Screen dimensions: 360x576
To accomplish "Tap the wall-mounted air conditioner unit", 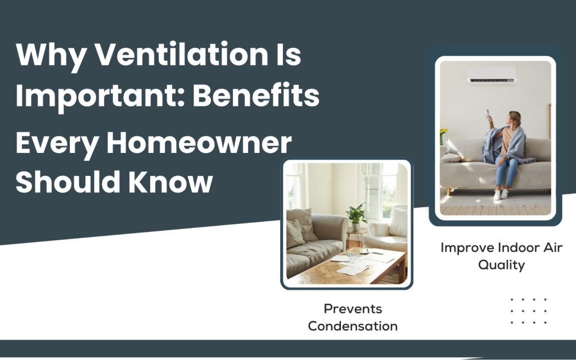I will pyautogui.click(x=492, y=75).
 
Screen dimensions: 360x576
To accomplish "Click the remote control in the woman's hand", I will pyautogui.click(x=487, y=119).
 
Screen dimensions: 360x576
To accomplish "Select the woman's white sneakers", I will pyautogui.click(x=500, y=194).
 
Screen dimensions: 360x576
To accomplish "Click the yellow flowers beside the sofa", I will pyautogui.click(x=443, y=133).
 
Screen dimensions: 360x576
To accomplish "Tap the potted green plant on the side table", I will pyautogui.click(x=355, y=215).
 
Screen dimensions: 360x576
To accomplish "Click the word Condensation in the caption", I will pyautogui.click(x=353, y=326).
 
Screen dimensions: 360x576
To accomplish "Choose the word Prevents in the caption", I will pyautogui.click(x=353, y=309).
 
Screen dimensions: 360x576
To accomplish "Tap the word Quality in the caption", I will pyautogui.click(x=501, y=265).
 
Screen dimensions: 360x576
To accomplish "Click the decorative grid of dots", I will pyautogui.click(x=528, y=311).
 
